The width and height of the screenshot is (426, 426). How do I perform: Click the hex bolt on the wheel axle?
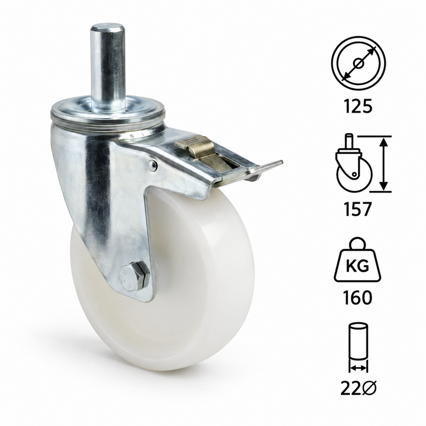[x=135, y=276]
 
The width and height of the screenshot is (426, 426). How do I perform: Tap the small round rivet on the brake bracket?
[x=152, y=165]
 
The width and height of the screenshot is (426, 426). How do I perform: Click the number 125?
[x=358, y=106]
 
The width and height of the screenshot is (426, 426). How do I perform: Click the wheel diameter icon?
[x=358, y=63]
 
